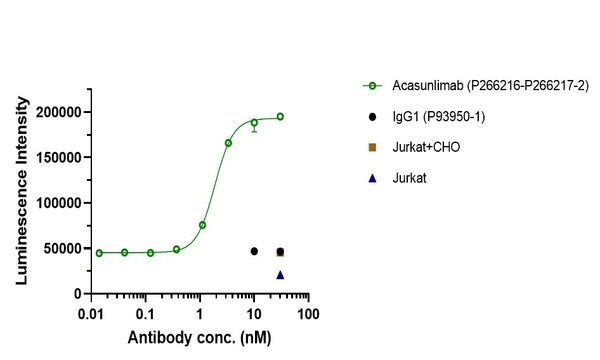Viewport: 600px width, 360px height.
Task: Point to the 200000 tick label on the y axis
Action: (55, 112)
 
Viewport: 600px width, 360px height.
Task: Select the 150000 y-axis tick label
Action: (55, 157)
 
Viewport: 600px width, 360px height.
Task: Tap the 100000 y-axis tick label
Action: (55, 203)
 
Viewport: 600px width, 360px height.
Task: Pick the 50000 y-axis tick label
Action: (59, 248)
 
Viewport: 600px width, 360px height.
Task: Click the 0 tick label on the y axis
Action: (74, 293)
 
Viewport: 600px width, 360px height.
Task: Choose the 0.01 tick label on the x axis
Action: (91, 313)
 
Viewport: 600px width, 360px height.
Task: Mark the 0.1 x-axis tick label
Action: (146, 313)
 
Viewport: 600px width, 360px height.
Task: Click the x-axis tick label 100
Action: (308, 313)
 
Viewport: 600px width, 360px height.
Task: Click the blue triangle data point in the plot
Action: (280, 274)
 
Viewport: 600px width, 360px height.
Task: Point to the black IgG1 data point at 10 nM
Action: (254, 251)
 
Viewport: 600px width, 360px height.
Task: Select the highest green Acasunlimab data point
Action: (280, 116)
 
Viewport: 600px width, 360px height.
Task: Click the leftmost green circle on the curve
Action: (99, 253)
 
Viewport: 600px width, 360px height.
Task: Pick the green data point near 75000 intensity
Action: (202, 225)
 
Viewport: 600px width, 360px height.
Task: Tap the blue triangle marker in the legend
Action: (373, 177)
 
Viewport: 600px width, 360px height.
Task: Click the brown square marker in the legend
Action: (373, 147)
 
